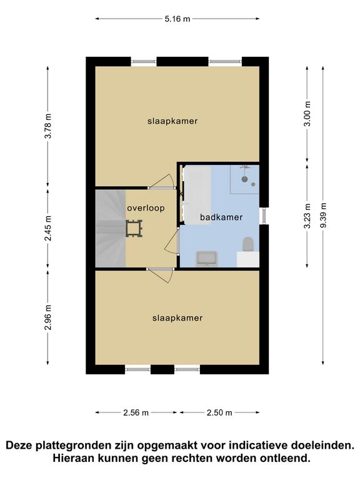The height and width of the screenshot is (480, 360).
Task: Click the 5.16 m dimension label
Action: point(177,19)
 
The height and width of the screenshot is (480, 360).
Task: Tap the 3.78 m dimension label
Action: point(48,126)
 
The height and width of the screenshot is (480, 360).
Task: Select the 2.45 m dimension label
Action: point(48,228)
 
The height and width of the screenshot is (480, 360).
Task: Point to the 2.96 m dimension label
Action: point(48,317)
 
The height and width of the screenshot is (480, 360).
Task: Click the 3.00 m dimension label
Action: point(307,114)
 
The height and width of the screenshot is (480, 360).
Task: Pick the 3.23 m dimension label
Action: point(307,216)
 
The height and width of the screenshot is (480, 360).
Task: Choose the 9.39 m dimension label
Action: point(323,215)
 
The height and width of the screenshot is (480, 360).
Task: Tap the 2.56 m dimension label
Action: point(136,412)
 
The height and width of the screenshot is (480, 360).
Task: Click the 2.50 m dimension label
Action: point(219,412)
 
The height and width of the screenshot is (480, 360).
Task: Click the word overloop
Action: point(146,208)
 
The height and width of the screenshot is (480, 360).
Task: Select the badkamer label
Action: point(221,217)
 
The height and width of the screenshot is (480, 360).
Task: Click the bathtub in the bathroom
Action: point(197,195)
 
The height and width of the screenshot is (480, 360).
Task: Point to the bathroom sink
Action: point(207,259)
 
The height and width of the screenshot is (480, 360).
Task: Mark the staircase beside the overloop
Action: point(111,228)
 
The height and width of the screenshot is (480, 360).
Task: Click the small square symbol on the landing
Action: point(134,229)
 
